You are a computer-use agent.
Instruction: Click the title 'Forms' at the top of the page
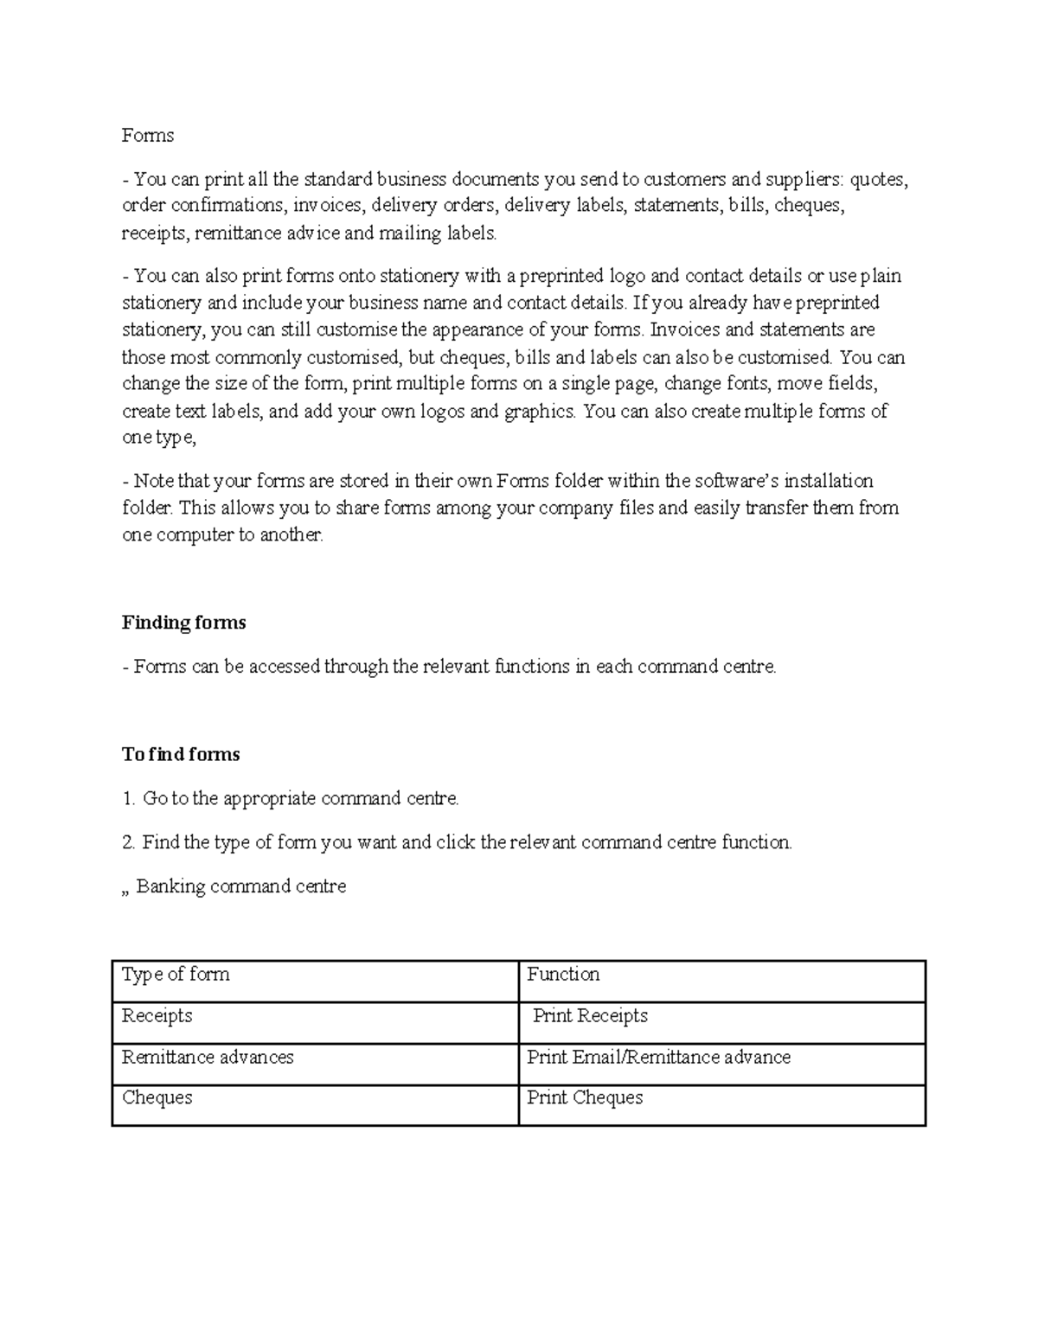[148, 136]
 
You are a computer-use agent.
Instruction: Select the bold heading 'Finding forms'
[183, 623]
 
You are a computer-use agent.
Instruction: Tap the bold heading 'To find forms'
[181, 754]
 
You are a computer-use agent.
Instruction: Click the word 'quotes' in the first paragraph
[878, 180]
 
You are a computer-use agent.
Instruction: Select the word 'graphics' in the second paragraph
[539, 412]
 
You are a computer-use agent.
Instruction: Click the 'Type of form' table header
[176, 975]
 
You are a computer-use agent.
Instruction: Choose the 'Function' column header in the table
[563, 975]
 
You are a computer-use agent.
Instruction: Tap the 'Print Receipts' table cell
[590, 1016]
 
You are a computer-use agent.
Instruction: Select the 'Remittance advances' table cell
[208, 1058]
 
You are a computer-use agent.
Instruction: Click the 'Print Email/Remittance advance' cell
[658, 1058]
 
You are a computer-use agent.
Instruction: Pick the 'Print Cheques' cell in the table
[585, 1098]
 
